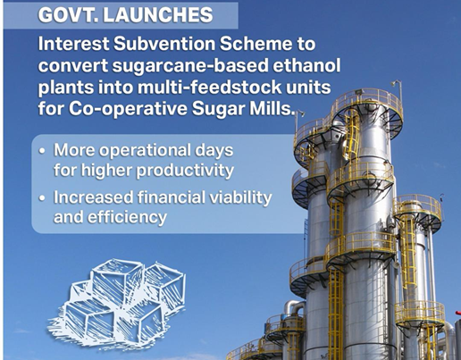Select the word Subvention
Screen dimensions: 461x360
tap(164, 44)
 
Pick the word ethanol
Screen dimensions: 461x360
tap(306, 65)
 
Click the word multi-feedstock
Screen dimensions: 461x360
tap(211, 87)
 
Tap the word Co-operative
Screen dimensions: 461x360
tap(129, 109)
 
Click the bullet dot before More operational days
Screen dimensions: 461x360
tap(42, 151)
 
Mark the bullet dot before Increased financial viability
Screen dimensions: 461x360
tap(42, 197)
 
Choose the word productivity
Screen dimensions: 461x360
tap(185, 171)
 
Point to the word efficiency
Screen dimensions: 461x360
tap(127, 217)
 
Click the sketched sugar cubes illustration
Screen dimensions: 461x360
tap(118, 302)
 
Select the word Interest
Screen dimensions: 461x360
tap(73, 44)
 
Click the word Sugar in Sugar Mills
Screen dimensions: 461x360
tap(219, 109)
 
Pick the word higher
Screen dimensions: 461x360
tap(106, 171)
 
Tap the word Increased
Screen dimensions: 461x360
tap(93, 197)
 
